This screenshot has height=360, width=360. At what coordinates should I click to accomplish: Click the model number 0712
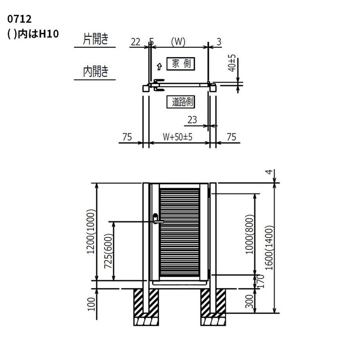pos(19,19)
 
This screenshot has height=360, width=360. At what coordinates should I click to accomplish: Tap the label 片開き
pos(95,39)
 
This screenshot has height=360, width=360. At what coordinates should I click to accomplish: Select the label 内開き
pos(95,72)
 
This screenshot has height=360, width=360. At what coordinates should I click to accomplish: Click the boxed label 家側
pos(181,63)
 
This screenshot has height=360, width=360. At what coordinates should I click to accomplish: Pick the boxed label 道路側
pos(181,102)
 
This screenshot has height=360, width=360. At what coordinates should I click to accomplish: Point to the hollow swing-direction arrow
pos(159,67)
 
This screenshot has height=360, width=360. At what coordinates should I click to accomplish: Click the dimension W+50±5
pos(177,137)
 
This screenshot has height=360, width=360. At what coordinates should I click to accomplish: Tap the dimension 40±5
pos(232,63)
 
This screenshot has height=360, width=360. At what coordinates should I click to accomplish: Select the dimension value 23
pos(192,120)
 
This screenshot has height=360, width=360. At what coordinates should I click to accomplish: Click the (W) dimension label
pos(178,42)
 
